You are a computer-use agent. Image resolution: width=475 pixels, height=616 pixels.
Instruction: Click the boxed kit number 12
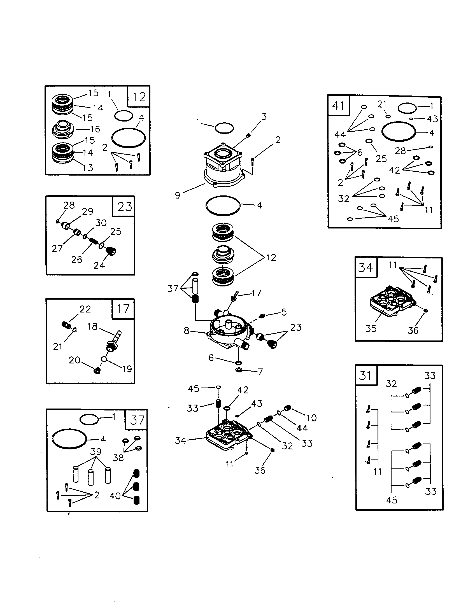click(139, 97)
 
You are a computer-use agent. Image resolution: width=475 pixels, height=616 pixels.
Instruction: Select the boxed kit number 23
click(124, 207)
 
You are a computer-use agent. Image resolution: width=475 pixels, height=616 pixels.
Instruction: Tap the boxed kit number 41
click(338, 106)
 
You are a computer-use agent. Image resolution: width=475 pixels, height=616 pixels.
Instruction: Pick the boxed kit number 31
click(365, 375)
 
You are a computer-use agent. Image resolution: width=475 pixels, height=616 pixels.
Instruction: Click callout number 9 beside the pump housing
click(177, 195)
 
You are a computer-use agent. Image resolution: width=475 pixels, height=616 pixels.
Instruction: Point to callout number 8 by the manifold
click(187, 331)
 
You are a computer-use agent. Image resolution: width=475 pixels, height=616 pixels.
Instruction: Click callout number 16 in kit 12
click(95, 129)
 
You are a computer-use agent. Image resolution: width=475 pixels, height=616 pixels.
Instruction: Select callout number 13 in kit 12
click(88, 168)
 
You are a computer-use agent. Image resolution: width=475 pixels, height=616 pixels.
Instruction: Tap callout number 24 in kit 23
click(99, 265)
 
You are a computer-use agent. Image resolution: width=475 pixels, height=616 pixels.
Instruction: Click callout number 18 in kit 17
click(92, 326)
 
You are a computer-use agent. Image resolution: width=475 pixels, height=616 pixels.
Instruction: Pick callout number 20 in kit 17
click(74, 360)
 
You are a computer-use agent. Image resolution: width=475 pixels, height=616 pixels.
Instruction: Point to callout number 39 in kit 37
click(96, 451)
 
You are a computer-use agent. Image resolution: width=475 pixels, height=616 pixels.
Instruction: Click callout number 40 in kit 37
click(115, 496)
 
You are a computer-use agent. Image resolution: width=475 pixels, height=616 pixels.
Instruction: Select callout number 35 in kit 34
click(371, 328)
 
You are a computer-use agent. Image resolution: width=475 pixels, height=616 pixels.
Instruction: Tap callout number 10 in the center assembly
click(311, 418)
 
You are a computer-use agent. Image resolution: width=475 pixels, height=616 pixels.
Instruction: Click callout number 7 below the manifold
click(260, 372)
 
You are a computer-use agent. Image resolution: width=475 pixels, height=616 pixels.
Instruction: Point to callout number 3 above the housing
click(264, 116)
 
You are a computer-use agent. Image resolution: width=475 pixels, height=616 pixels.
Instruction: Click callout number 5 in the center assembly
click(284, 312)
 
